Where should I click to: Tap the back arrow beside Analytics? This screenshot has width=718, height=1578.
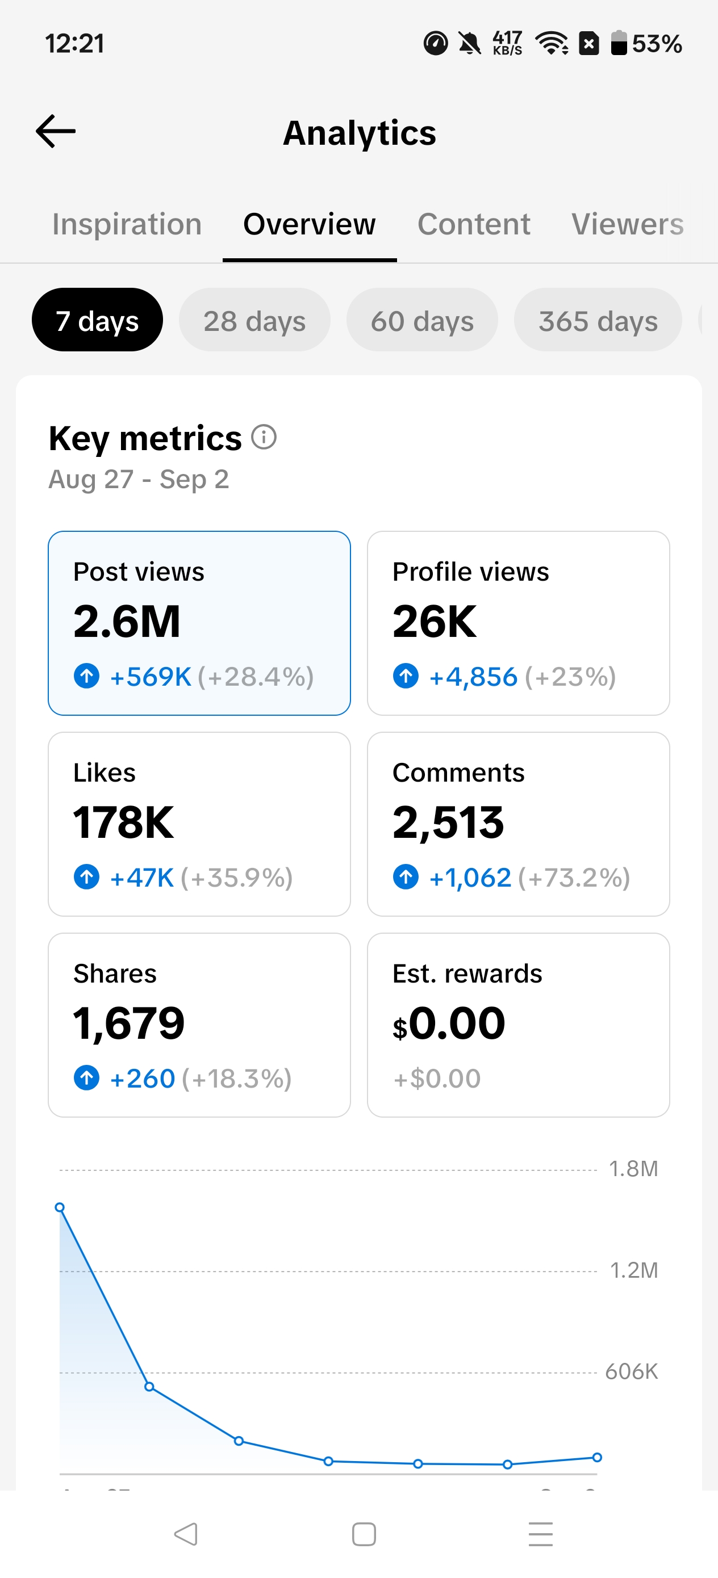[56, 131]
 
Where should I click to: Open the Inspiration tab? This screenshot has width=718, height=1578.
[127, 224]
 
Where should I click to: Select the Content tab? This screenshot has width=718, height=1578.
[473, 224]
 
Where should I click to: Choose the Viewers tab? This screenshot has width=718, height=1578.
[627, 224]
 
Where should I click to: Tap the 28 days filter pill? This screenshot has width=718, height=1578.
[254, 320]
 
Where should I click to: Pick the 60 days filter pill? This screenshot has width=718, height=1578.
[422, 320]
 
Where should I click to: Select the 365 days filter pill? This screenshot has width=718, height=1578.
[598, 320]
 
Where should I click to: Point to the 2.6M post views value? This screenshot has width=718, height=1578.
[127, 621]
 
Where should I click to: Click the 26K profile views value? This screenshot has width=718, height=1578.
[434, 621]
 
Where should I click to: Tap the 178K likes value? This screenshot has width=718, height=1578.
[123, 822]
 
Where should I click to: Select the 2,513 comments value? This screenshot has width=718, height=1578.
[448, 822]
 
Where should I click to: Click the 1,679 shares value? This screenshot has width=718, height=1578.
[129, 1023]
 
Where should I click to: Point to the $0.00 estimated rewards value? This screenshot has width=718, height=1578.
[449, 1023]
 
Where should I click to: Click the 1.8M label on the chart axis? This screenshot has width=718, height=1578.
[633, 1169]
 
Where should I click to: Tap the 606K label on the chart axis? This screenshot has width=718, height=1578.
[632, 1371]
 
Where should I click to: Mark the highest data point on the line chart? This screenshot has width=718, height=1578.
[60, 1207]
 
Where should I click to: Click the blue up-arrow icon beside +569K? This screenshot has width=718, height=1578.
[86, 676]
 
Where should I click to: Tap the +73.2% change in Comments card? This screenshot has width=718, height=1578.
[574, 878]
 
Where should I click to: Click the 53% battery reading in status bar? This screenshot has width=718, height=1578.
[657, 44]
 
